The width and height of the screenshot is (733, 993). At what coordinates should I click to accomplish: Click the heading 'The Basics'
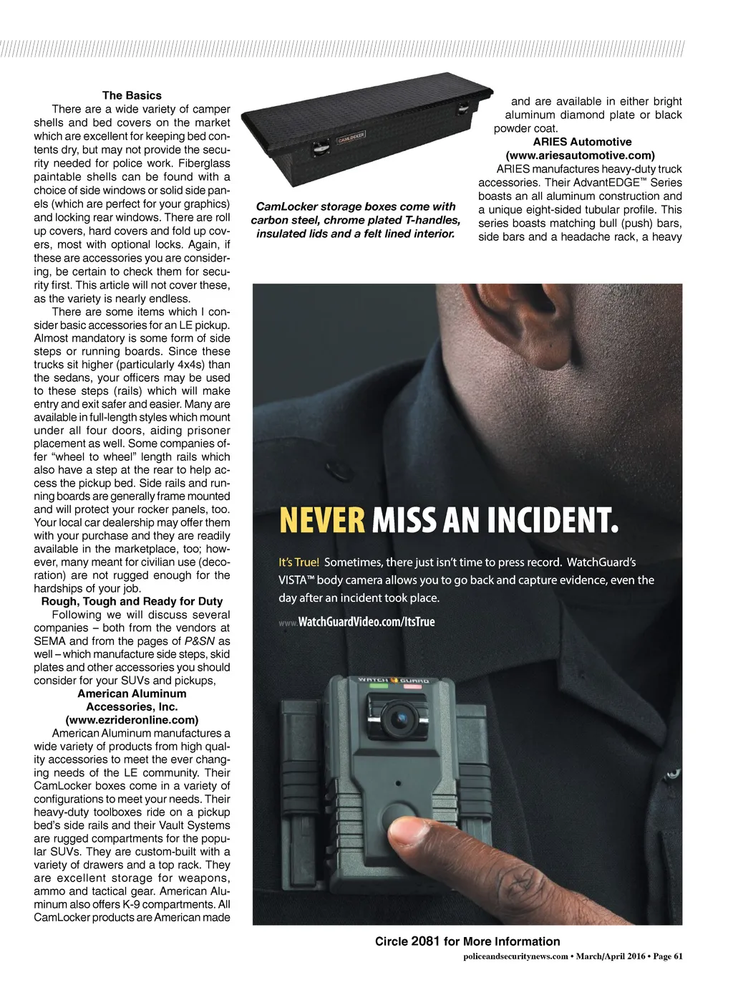(x=132, y=95)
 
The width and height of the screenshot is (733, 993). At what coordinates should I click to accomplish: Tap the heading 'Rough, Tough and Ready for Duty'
(x=132, y=601)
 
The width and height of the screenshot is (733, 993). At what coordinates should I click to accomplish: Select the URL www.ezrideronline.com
(x=132, y=719)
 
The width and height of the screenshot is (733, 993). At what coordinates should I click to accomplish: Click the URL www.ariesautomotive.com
(x=580, y=155)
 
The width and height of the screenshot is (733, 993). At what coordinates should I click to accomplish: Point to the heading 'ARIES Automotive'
(x=582, y=142)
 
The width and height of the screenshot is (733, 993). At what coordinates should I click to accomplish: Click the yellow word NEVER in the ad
(x=321, y=521)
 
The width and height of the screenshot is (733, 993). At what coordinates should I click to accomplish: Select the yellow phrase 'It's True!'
(x=298, y=562)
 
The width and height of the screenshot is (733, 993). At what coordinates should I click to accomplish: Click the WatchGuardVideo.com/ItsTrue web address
(x=366, y=622)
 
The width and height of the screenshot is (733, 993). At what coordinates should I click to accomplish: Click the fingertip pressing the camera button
(x=412, y=833)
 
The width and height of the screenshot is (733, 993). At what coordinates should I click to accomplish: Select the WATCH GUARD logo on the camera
(x=393, y=680)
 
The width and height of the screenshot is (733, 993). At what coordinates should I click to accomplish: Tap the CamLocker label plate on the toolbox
(x=351, y=137)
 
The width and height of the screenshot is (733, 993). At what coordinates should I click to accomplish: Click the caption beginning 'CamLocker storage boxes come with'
(x=356, y=220)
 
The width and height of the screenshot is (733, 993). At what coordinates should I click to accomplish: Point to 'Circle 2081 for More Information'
(x=467, y=941)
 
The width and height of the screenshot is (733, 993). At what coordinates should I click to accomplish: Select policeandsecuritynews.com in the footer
(x=516, y=956)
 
